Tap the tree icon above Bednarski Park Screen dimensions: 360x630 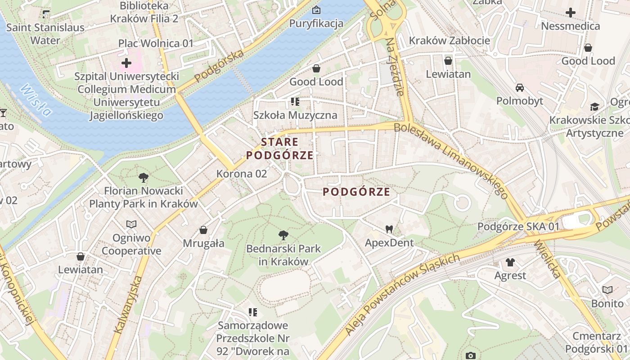coord(283,235)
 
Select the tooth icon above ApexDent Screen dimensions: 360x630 coord(389,229)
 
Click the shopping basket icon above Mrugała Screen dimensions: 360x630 coord(203,230)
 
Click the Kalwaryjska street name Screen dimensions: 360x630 coord(128,305)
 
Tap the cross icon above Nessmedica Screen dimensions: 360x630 coord(571,13)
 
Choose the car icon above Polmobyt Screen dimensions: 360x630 coord(520,87)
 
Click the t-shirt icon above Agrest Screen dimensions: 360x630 coord(510,262)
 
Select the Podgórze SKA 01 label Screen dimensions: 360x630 coord(518,226)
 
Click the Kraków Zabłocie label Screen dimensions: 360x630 coord(449,40)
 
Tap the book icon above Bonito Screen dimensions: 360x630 coord(607,290)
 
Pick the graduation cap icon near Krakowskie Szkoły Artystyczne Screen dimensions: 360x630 coord(594,107)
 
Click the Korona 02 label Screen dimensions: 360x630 coord(242,174)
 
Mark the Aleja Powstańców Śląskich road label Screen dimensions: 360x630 coord(402,295)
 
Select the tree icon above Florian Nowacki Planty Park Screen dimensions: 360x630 coord(144,177)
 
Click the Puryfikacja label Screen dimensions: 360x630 coord(316,23)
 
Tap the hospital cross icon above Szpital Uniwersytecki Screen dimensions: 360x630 coord(126,63)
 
